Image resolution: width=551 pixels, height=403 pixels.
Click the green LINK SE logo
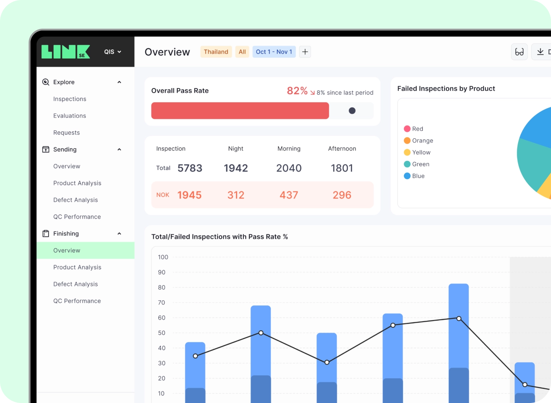(x=65, y=52)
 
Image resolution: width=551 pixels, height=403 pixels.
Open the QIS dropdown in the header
(x=112, y=52)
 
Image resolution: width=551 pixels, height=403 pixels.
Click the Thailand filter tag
(x=216, y=52)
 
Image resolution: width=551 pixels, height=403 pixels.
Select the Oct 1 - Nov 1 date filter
(x=274, y=52)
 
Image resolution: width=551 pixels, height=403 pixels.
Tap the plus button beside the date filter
(x=305, y=52)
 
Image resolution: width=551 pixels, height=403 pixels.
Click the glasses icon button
(x=519, y=52)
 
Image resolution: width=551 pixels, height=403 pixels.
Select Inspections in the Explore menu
(x=70, y=99)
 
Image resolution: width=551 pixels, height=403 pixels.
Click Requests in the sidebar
(x=67, y=133)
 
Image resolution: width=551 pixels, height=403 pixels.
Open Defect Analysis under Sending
(x=75, y=200)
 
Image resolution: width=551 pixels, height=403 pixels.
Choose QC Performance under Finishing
(x=77, y=301)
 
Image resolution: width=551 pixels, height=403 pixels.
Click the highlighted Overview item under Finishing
(x=67, y=251)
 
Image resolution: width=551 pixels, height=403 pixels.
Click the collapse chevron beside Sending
(x=119, y=149)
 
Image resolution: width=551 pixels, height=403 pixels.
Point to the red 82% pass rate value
(x=297, y=91)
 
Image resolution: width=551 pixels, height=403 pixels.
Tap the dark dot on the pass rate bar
(x=352, y=111)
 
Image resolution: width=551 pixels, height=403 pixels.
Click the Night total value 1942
(x=236, y=168)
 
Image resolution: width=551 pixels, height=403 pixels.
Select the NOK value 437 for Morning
(x=289, y=195)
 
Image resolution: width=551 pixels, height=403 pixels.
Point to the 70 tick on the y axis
(x=161, y=303)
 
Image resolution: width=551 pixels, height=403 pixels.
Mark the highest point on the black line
(x=459, y=319)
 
